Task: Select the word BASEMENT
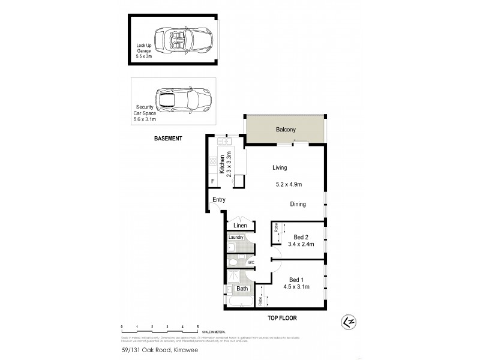click(167, 139)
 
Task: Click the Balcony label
click(286, 130)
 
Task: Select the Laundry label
click(236, 238)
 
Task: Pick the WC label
click(251, 262)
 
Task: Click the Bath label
click(242, 289)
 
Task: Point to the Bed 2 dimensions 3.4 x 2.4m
click(301, 244)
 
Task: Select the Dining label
click(298, 204)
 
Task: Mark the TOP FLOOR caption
click(282, 318)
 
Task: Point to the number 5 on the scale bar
click(198, 327)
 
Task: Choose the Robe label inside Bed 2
click(276, 228)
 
